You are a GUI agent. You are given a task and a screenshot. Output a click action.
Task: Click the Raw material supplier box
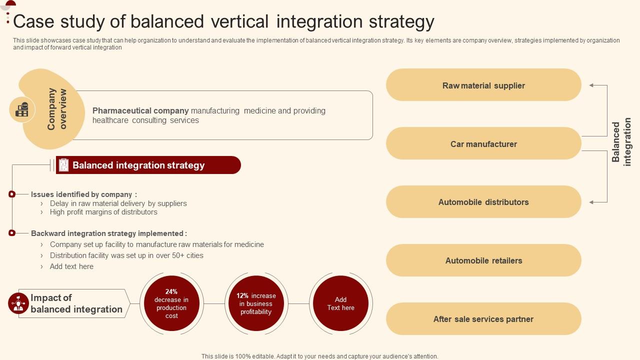click(x=483, y=85)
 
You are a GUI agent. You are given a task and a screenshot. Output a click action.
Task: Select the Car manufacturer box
click(x=483, y=143)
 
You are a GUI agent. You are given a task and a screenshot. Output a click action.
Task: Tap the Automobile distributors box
click(x=483, y=202)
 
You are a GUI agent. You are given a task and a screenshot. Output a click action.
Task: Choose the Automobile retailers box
click(x=483, y=260)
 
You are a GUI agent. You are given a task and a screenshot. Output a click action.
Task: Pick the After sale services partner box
click(x=483, y=319)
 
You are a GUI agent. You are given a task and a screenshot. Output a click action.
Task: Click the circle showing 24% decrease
click(x=171, y=303)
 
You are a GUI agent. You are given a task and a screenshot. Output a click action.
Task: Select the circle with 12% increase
click(x=256, y=303)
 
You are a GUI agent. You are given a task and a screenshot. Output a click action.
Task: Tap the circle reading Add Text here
click(x=340, y=303)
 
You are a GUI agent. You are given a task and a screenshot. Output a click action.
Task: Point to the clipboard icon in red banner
click(x=63, y=165)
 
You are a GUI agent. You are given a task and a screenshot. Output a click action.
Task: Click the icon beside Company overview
click(x=22, y=109)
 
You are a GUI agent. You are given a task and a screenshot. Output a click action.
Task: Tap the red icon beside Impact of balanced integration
click(x=18, y=303)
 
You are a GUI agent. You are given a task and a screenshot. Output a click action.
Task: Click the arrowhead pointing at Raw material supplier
click(x=591, y=85)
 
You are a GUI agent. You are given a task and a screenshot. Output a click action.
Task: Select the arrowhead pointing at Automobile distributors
click(x=591, y=202)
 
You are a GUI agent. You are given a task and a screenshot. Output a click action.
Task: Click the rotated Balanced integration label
click(x=621, y=142)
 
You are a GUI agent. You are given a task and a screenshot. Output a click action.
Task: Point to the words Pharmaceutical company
click(x=140, y=110)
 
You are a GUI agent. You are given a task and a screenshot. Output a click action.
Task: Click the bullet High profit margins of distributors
click(x=103, y=212)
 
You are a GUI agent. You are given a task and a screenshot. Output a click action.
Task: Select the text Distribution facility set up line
click(x=126, y=255)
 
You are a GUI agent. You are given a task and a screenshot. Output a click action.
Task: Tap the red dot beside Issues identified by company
click(x=12, y=194)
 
